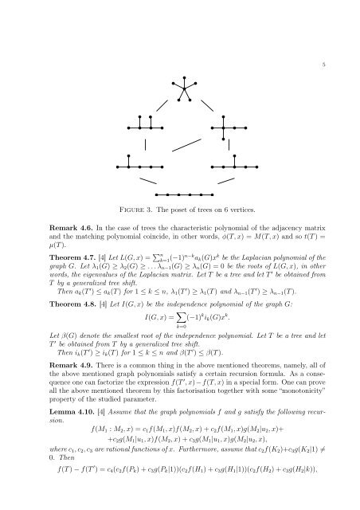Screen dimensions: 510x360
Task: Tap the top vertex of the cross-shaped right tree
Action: [225, 116]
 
